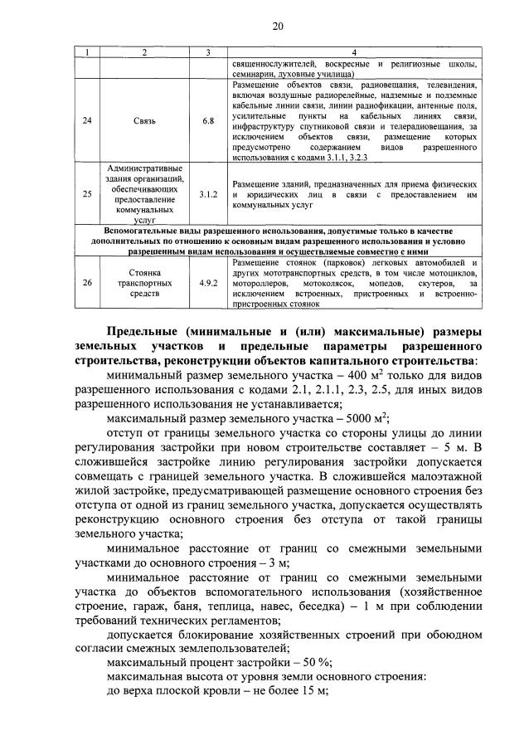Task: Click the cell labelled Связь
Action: pyautogui.click(x=144, y=120)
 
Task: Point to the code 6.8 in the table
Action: pyautogui.click(x=208, y=120)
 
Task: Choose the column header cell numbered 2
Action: pyautogui.click(x=144, y=53)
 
